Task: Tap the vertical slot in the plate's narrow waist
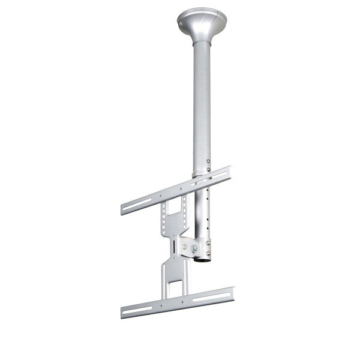173,246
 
